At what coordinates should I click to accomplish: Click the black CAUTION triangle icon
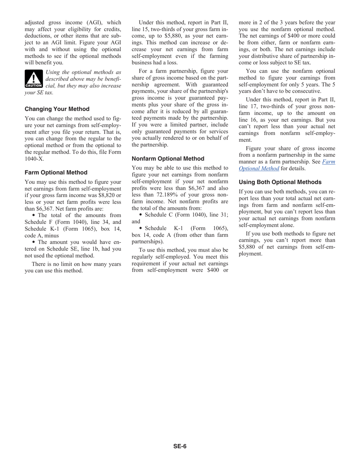point(34,79)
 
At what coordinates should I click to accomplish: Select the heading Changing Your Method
point(57,109)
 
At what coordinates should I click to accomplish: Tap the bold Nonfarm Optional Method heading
point(168,159)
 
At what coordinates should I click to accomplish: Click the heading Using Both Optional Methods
point(280,182)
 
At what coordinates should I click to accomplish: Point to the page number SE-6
point(180,446)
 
